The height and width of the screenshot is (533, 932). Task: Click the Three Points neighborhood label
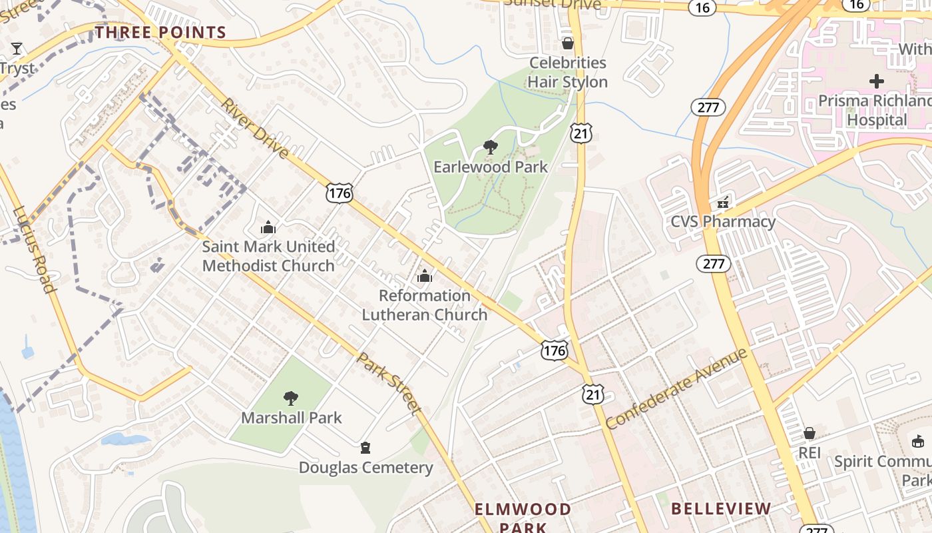click(160, 32)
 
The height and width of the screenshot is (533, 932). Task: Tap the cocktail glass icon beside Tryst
click(17, 48)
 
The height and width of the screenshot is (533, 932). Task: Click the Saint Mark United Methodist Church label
click(268, 256)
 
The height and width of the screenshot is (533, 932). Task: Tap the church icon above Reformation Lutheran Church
click(425, 276)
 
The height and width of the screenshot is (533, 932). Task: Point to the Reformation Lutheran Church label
click(425, 304)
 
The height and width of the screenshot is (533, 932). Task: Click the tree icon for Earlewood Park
click(491, 147)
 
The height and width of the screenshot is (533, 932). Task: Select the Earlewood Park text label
click(491, 167)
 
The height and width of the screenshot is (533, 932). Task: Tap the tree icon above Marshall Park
click(290, 398)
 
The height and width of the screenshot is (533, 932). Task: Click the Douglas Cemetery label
click(365, 468)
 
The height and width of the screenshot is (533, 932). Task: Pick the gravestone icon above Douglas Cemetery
click(365, 448)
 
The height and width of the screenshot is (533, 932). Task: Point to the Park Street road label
click(389, 382)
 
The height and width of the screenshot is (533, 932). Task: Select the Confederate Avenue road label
click(676, 388)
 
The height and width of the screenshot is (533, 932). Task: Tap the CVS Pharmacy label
click(723, 221)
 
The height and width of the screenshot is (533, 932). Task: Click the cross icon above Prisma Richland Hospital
click(877, 81)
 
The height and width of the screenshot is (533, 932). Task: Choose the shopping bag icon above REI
click(810, 434)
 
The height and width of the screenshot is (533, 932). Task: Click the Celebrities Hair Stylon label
click(568, 72)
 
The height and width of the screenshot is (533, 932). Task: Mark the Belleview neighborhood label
click(721, 508)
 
